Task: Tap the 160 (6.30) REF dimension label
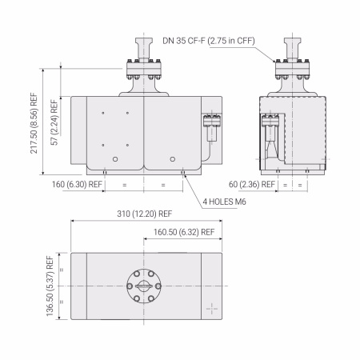pos(77,184)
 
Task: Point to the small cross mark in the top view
pos(211,308)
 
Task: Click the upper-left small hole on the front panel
pos(104,113)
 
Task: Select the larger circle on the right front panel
pos(170,160)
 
